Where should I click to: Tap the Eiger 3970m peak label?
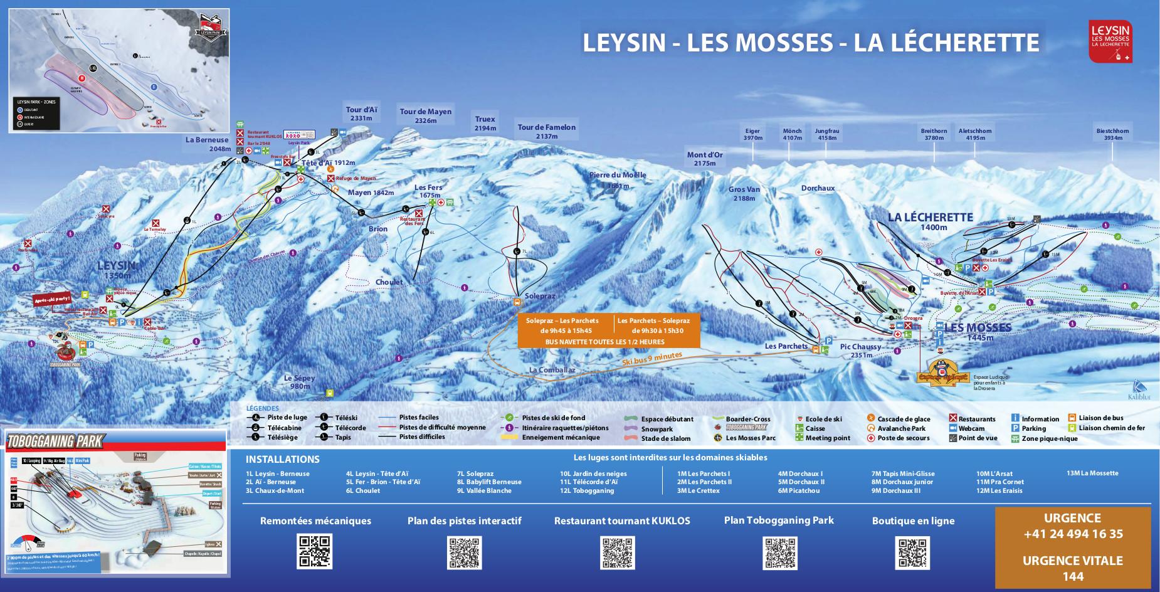click(x=752, y=134)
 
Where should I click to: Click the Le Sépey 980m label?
click(x=299, y=382)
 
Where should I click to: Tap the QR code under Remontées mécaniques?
click(x=315, y=552)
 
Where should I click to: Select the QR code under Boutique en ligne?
click(x=913, y=552)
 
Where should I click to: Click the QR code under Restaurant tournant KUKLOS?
click(x=617, y=552)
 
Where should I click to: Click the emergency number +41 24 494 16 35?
click(x=1073, y=534)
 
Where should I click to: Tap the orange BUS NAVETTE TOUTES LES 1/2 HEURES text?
click(x=605, y=342)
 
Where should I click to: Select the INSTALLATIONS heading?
click(x=282, y=459)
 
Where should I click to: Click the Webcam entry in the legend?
click(x=971, y=428)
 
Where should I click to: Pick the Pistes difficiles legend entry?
click(x=422, y=437)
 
